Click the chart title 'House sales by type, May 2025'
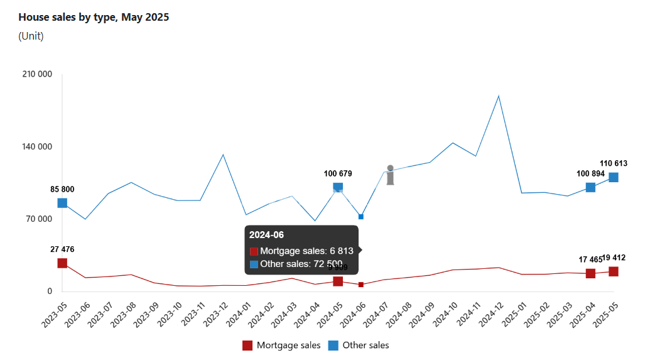[94, 18]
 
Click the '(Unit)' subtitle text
[31, 36]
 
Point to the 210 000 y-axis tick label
[37, 74]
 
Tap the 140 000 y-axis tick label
[37, 147]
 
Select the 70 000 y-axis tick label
[40, 219]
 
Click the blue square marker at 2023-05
[62, 203]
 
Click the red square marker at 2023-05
[62, 263]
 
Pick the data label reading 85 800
[62, 189]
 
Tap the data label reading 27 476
[62, 249]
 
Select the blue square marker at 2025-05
[613, 177]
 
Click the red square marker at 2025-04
[590, 273]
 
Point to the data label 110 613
[613, 163]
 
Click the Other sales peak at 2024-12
[499, 96]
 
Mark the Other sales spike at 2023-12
[223, 155]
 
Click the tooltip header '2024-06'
[266, 235]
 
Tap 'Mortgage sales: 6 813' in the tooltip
[306, 251]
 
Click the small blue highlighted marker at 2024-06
[361, 217]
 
